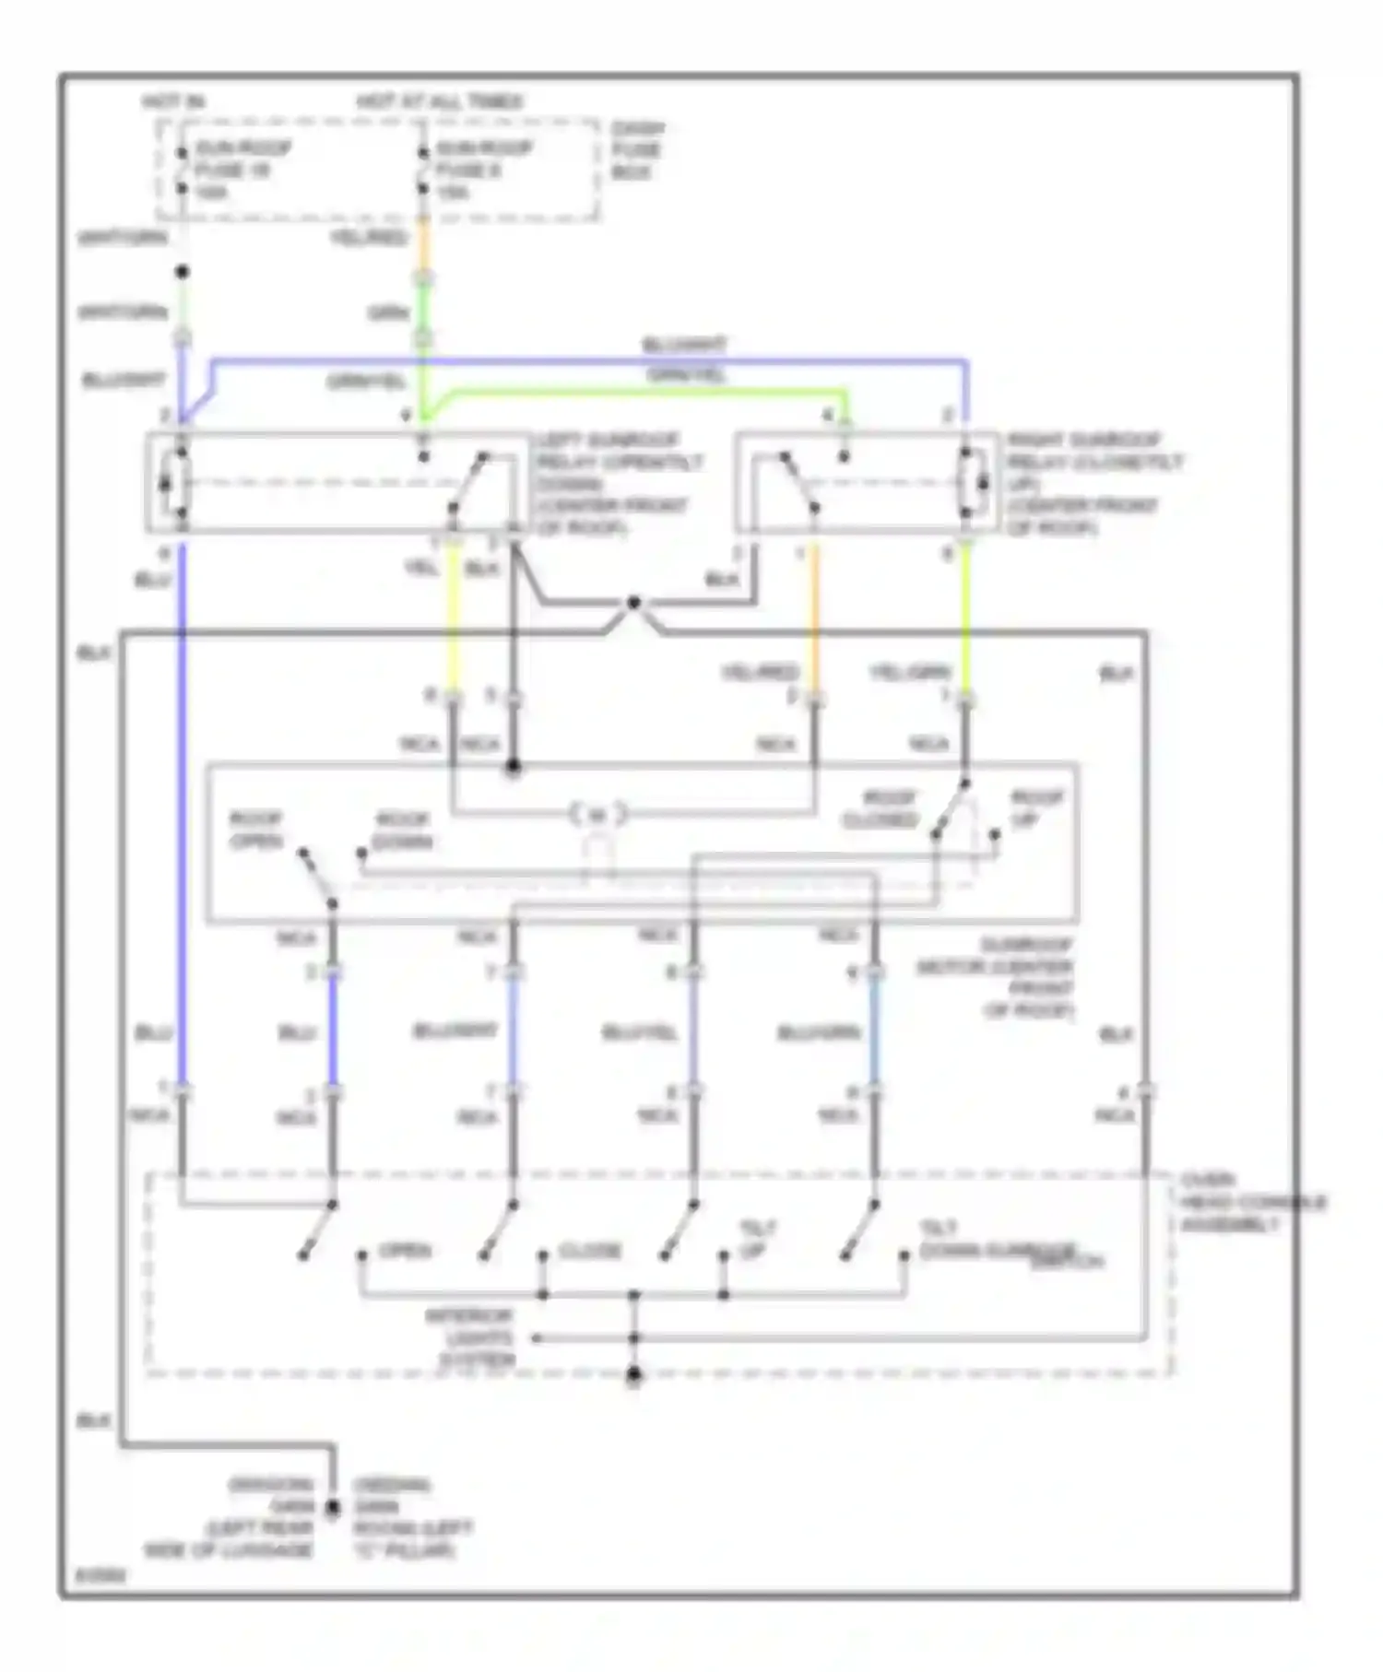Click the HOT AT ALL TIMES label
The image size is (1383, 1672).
440,101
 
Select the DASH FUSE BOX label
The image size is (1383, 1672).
637,151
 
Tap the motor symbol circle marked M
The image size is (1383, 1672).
597,815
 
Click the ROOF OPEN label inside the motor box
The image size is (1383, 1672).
255,830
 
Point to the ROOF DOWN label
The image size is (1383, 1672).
402,830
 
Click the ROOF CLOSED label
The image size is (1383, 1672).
881,808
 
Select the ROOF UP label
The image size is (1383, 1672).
1037,808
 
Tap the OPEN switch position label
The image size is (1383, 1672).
405,1251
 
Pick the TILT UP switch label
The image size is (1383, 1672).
757,1240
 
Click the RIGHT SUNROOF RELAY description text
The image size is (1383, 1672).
1093,483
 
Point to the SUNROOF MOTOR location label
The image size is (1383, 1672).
996,977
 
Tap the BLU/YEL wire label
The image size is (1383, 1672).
639,1033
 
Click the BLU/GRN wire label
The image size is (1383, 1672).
819,1033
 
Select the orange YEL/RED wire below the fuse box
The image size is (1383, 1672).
424,247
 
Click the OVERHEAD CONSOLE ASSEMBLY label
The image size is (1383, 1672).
1252,1202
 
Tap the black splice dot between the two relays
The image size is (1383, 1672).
633,604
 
